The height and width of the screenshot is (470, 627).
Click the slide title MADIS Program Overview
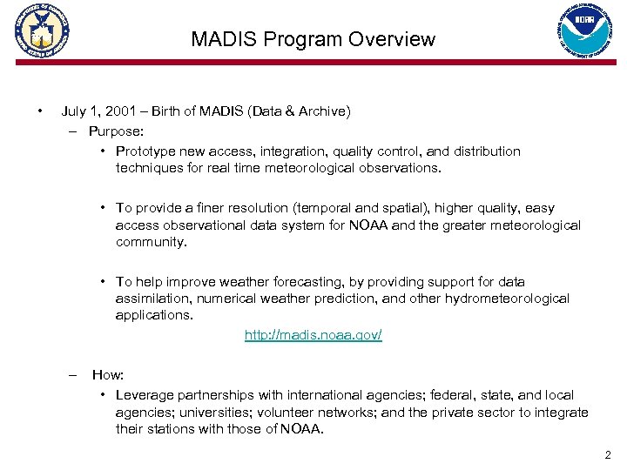(x=313, y=39)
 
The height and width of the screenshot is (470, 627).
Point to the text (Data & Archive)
(x=299, y=111)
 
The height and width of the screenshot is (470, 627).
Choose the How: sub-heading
(x=108, y=374)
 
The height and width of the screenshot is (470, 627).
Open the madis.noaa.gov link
(x=313, y=335)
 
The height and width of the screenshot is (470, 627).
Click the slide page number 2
(x=607, y=454)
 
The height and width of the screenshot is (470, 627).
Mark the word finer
(x=219, y=208)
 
